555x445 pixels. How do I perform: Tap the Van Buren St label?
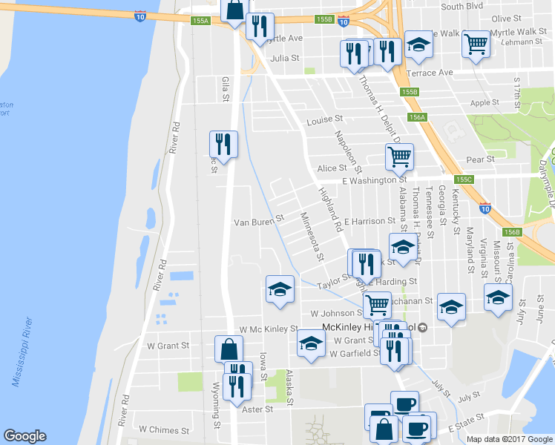tap(259, 220)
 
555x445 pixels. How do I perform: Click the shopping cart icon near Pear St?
tap(399, 156)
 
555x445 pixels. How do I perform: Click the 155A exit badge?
tap(200, 22)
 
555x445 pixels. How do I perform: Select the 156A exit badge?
tap(417, 117)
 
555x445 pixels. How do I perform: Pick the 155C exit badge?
tap(464, 179)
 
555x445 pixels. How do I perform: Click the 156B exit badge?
tap(512, 232)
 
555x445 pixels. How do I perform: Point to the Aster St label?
tap(258, 409)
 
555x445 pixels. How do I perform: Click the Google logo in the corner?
tap(24, 436)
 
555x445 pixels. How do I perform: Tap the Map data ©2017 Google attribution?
tap(510, 439)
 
